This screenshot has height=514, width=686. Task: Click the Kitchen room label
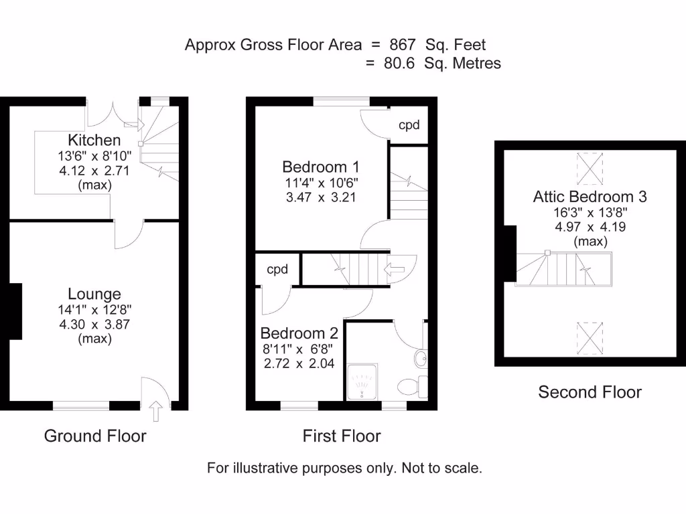click(94, 140)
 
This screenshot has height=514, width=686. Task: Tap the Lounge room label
click(94, 294)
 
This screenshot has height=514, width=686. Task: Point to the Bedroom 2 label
click(299, 333)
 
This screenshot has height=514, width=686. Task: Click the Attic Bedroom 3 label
click(590, 197)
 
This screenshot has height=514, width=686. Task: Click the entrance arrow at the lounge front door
click(157, 410)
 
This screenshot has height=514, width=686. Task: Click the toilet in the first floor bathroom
click(411, 386)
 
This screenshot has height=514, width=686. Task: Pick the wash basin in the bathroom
click(420, 359)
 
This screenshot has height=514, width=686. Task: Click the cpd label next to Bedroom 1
click(409, 125)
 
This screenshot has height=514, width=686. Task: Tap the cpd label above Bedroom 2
click(277, 270)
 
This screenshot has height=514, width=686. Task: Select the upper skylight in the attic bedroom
click(590, 167)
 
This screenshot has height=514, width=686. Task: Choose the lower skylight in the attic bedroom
click(590, 338)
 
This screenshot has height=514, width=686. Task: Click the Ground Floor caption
click(95, 436)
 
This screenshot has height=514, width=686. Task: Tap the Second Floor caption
click(590, 392)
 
